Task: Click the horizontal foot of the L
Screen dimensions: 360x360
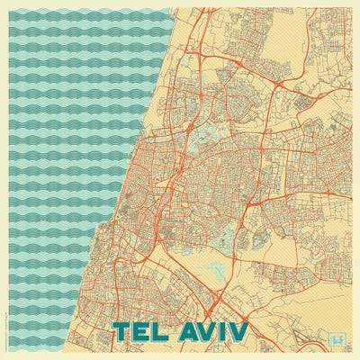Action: click(x=166, y=340)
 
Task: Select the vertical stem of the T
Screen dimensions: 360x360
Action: click(x=123, y=335)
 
